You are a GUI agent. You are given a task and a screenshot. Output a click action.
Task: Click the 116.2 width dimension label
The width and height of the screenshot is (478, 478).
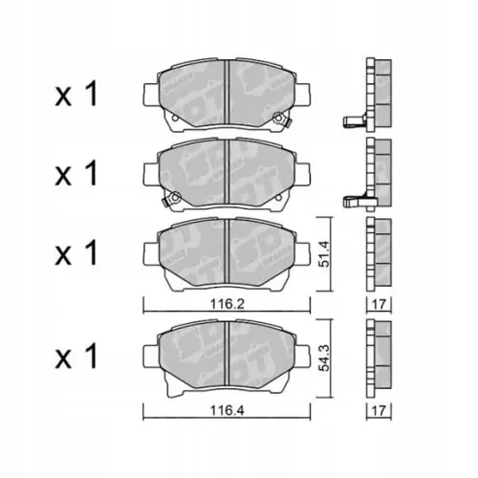227,305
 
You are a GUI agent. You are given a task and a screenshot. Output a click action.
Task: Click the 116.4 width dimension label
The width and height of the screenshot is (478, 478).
227,411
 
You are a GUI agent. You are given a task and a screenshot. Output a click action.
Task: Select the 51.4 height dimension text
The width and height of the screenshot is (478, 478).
324,254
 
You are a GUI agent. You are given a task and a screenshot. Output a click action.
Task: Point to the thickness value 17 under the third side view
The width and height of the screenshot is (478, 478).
379,305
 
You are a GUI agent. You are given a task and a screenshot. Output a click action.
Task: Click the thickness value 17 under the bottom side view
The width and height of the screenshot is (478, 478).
379,411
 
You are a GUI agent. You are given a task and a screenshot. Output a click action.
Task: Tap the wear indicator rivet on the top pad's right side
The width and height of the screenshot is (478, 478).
278,118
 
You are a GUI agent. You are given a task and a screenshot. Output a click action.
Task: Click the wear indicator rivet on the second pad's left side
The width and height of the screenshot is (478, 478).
173,198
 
